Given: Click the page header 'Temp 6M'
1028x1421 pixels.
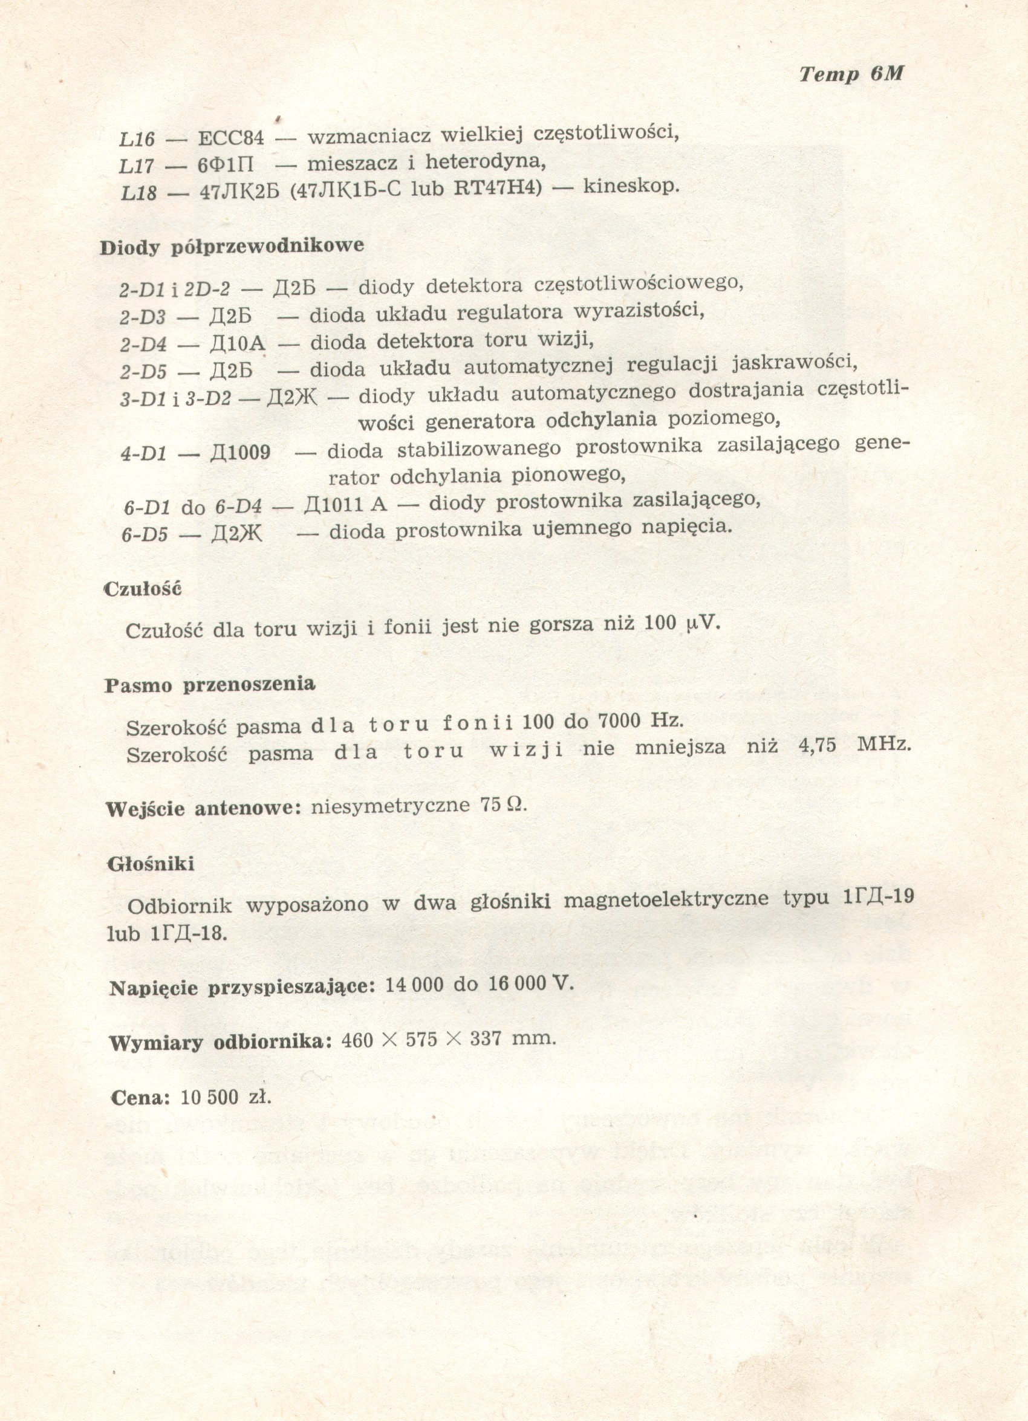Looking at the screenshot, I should (x=851, y=74).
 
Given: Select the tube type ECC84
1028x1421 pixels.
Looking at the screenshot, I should (x=230, y=138).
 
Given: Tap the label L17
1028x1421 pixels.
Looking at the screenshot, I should (x=136, y=166).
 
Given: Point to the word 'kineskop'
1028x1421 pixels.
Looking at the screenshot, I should (x=630, y=187).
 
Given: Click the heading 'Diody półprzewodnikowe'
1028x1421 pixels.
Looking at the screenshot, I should (x=232, y=246).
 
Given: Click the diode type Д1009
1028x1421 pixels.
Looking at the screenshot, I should (x=241, y=452).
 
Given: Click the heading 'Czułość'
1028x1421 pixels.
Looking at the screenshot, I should (x=142, y=589).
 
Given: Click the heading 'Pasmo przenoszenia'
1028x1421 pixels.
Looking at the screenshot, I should (x=209, y=684).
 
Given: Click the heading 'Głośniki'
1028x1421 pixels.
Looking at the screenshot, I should (x=151, y=865).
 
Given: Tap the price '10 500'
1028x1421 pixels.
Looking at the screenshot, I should (x=209, y=1097).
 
